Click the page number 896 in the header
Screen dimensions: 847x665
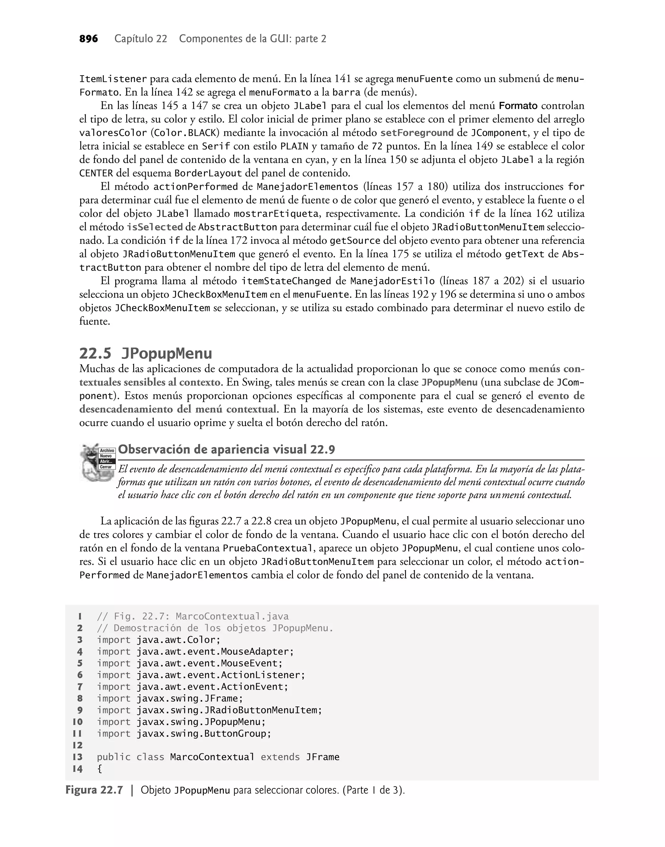[x=88, y=39]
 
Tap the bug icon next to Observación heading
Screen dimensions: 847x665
[x=97, y=462]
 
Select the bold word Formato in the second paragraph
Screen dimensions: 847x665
[x=518, y=106]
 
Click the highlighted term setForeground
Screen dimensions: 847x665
[x=417, y=133]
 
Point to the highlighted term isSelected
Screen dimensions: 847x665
[x=155, y=227]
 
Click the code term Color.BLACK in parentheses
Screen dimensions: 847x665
[x=185, y=133]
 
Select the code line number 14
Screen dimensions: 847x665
[x=78, y=769]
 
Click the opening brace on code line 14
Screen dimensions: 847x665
[x=99, y=769]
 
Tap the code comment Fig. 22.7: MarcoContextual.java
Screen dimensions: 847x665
[x=201, y=616]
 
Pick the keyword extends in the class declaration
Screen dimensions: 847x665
[x=280, y=757]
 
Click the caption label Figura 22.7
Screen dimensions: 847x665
[x=94, y=790]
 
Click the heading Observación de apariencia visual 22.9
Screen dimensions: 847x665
[x=226, y=450]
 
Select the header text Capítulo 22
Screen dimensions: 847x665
[x=141, y=39]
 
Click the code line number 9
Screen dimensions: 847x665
[x=80, y=710]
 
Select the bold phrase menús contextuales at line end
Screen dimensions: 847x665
[x=556, y=369]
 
